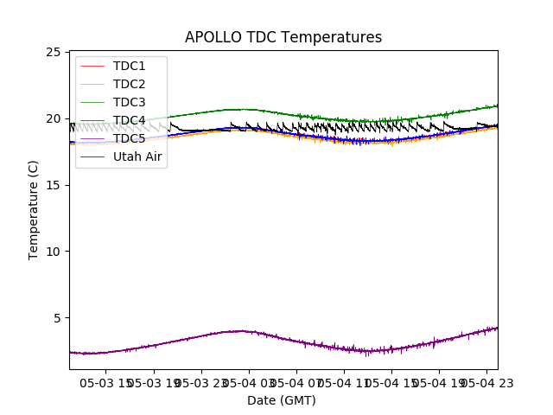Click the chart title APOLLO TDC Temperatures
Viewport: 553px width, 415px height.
pyautogui.click(x=283, y=37)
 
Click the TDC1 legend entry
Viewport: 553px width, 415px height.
pyautogui.click(x=129, y=66)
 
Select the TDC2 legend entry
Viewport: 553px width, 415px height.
pyautogui.click(x=129, y=84)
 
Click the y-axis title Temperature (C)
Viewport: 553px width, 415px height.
pyautogui.click(x=34, y=210)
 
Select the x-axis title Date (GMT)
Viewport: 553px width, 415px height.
pyautogui.click(x=282, y=400)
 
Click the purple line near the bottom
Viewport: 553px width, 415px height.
pyautogui.click(x=242, y=331)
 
